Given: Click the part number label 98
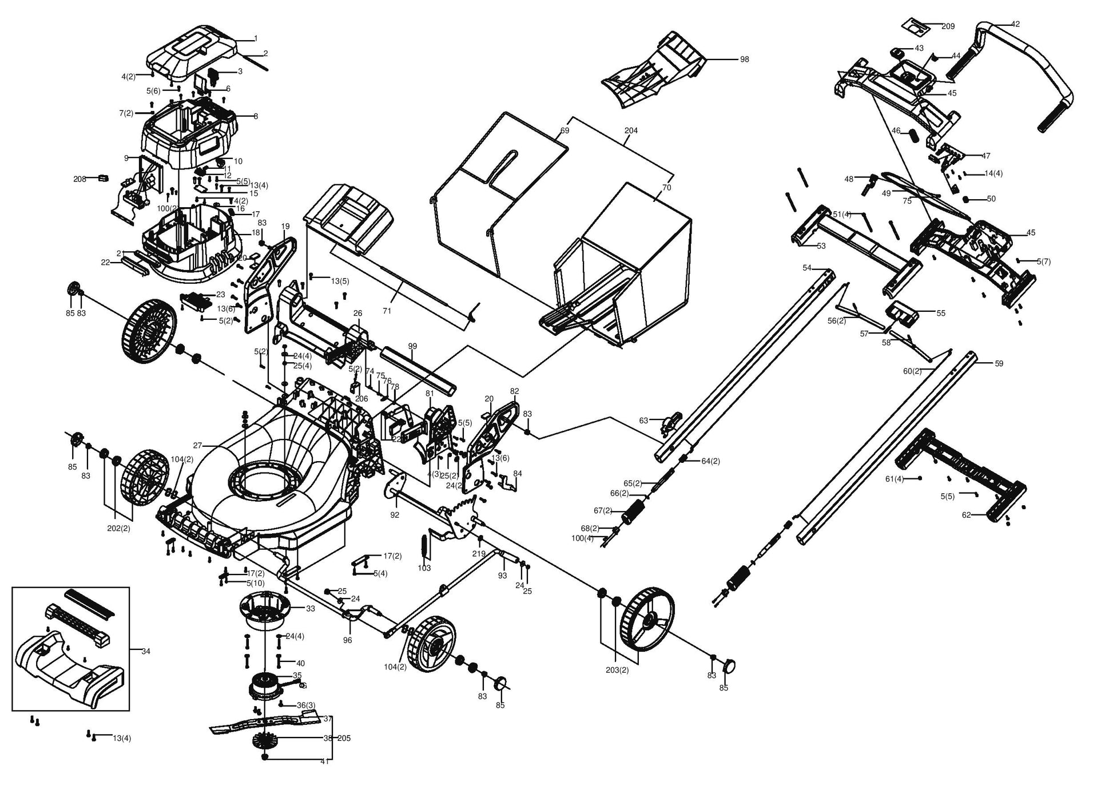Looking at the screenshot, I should (744, 60).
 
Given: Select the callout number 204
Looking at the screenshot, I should (631, 130).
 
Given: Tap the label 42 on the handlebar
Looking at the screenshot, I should (1015, 25).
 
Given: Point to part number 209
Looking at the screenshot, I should (948, 26).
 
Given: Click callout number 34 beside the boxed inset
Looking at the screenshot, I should (146, 651).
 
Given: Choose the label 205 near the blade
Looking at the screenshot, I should (344, 738).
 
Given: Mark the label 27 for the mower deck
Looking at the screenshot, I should (197, 445).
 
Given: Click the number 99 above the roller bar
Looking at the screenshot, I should (412, 346).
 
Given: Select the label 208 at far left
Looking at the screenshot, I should (79, 179).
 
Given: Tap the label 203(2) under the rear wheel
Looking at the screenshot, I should (617, 670).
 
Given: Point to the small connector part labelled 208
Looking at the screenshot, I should (103, 177).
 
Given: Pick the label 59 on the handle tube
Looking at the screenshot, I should (999, 363).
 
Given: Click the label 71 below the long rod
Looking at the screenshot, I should (387, 311).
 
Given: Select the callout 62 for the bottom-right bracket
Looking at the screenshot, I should (966, 515).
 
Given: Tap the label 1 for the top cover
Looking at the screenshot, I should (256, 38).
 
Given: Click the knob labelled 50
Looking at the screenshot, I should (966, 199).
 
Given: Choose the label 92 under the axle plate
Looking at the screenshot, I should (395, 515).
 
